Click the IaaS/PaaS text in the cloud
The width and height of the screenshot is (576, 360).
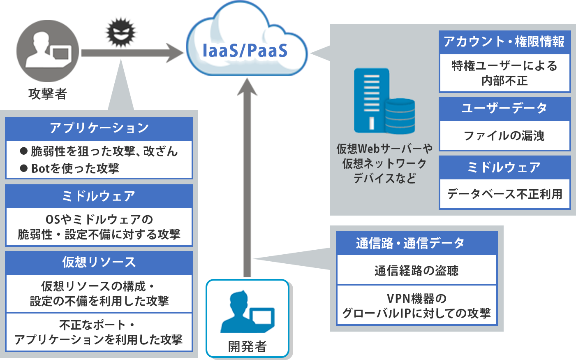pyautogui.click(x=245, y=50)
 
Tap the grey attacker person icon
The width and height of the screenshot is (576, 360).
pyautogui.click(x=48, y=51)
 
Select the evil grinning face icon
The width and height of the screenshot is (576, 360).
pyautogui.click(x=121, y=33)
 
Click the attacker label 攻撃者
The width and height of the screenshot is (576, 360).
pyautogui.click(x=48, y=93)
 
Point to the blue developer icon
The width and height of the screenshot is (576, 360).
pyautogui.click(x=248, y=312)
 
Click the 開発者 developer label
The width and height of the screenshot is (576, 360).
pyautogui.click(x=248, y=347)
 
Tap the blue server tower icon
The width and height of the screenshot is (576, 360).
pyautogui.click(x=372, y=100)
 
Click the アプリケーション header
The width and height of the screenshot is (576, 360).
pyautogui.click(x=99, y=128)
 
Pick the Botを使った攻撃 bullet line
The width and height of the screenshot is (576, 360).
pyautogui.click(x=75, y=168)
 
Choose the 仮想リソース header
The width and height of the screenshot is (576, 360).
pyautogui.click(x=99, y=262)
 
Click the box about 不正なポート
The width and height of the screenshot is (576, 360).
pyautogui.click(x=99, y=332)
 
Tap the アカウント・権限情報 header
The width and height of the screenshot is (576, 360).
pyautogui.click(x=504, y=42)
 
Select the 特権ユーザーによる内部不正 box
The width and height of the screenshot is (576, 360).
pyautogui.click(x=504, y=73)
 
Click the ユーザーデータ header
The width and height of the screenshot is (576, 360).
pyautogui.click(x=504, y=109)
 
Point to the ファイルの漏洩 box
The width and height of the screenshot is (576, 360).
pyautogui.click(x=504, y=136)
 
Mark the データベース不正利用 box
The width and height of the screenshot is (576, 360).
pyautogui.click(x=504, y=194)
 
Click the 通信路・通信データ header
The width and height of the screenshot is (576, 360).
pyautogui.click(x=416, y=243)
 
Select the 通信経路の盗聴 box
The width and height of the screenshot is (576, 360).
pyautogui.click(x=416, y=270)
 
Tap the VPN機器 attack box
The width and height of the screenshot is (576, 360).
pyautogui.click(x=416, y=306)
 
